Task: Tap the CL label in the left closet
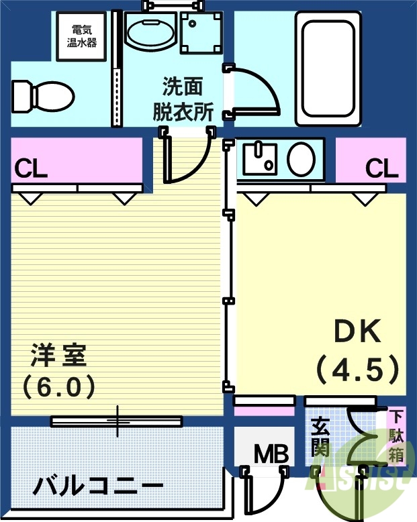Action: [x=31, y=168]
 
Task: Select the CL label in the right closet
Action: [x=382, y=168]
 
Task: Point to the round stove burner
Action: [x=302, y=159]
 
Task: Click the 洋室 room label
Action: [x=58, y=355]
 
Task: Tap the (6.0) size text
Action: [x=58, y=386]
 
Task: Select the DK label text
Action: [x=357, y=331]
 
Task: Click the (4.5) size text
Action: [x=357, y=368]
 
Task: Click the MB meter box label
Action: [x=271, y=454]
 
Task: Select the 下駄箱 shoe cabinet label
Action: [x=397, y=437]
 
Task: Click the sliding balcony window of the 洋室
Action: [x=117, y=421]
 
